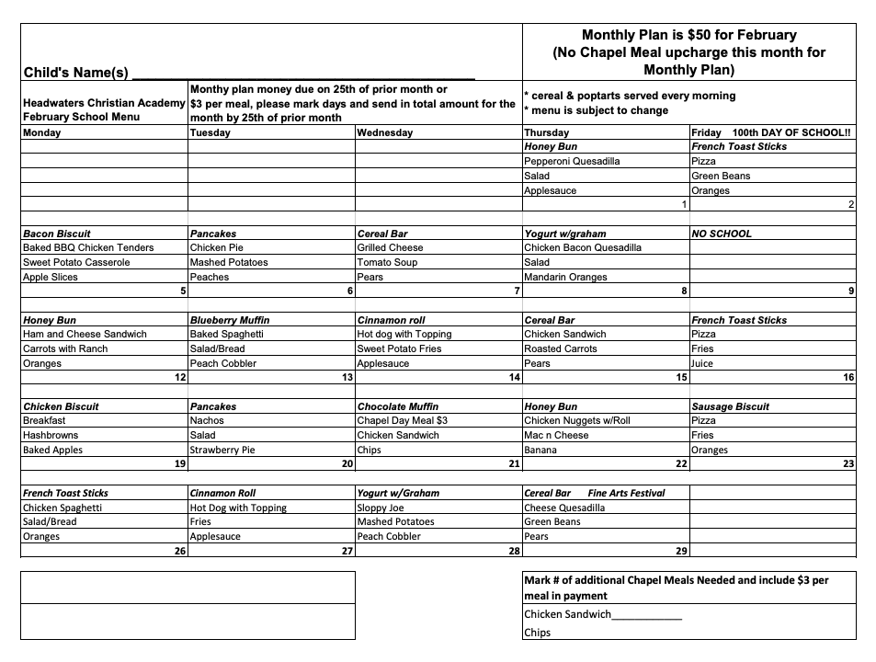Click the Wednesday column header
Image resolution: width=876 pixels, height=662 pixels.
(384, 132)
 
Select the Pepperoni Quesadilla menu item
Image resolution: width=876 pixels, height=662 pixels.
(572, 161)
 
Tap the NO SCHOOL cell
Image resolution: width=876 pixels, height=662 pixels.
(722, 234)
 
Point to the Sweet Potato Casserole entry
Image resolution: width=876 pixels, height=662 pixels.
(76, 262)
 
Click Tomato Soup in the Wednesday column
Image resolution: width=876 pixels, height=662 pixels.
(387, 262)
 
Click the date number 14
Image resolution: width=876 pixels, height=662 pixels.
(514, 378)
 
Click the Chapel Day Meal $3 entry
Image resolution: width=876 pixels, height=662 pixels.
(402, 420)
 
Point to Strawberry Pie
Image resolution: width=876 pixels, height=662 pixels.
(222, 450)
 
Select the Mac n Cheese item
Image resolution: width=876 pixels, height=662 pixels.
(556, 435)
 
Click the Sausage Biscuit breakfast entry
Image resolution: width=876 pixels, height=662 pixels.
(730, 406)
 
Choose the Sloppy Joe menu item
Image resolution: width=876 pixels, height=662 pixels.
(381, 508)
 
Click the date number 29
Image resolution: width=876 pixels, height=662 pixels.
(681, 551)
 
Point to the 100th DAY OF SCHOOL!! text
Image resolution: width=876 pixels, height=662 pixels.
(791, 132)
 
